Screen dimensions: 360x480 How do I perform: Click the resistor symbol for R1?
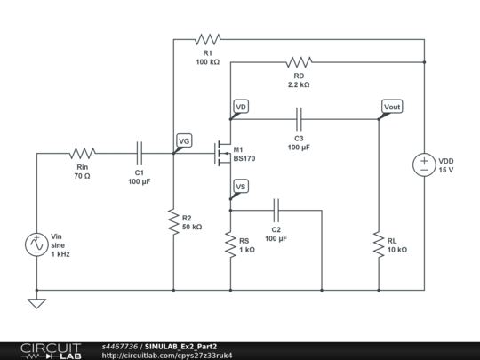pyautogui.click(x=207, y=39)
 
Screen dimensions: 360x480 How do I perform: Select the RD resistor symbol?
pyautogui.click(x=299, y=62)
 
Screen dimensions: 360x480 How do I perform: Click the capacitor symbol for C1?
pyautogui.click(x=139, y=153)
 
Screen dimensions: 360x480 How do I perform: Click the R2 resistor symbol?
pyautogui.click(x=173, y=220)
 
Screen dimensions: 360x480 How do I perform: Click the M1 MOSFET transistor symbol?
pyautogui.click(x=222, y=153)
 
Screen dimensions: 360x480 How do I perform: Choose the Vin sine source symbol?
pyautogui.click(x=37, y=243)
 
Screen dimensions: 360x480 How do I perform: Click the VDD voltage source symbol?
pyautogui.click(x=424, y=164)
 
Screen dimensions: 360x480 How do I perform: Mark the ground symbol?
pyautogui.click(x=37, y=302)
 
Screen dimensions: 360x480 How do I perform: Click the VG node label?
pyautogui.click(x=184, y=140)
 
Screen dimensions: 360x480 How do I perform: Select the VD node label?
pyautogui.click(x=241, y=107)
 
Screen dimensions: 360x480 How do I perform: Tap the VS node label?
pyautogui.click(x=240, y=186)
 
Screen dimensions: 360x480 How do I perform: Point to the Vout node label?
pyautogui.click(x=391, y=107)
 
